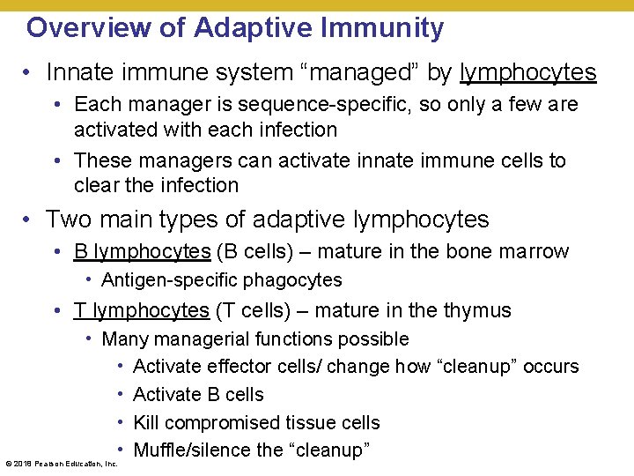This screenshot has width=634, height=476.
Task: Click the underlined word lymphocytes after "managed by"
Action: coord(527,71)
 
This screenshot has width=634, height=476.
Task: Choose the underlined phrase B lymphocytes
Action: coord(143,251)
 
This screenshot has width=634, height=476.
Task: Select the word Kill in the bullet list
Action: coord(145,423)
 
